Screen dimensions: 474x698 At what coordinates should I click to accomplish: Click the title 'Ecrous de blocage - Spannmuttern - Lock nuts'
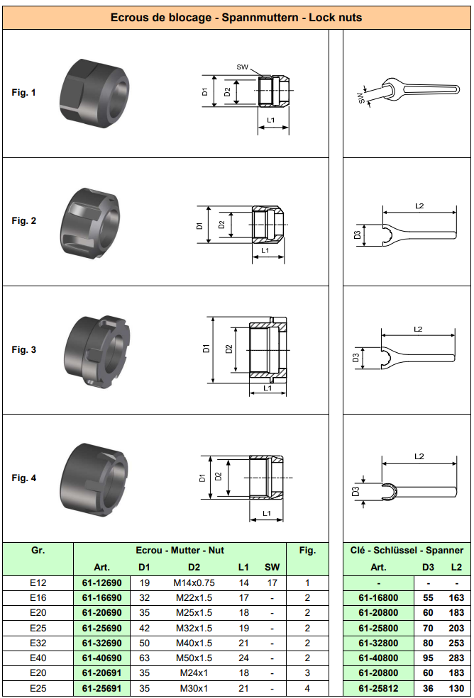click(x=236, y=18)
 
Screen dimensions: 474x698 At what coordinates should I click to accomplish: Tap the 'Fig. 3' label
click(x=23, y=349)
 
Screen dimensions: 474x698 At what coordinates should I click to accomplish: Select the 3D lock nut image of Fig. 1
click(x=94, y=94)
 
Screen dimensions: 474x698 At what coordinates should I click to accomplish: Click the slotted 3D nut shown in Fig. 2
click(x=90, y=223)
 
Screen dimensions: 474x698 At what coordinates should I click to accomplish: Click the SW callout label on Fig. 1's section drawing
click(x=242, y=67)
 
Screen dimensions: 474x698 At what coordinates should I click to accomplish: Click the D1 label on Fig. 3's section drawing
click(x=206, y=349)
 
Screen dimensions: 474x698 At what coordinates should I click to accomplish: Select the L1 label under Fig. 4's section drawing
click(x=267, y=513)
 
